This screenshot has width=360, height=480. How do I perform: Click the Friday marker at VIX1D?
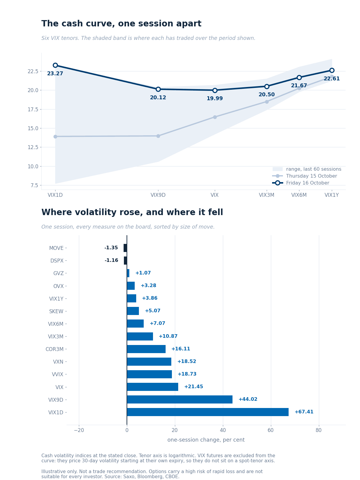click(55, 65)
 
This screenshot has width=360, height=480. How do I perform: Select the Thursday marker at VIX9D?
click(158, 136)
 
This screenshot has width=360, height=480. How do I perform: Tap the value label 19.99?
click(214, 98)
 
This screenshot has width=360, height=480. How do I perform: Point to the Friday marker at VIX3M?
click(267, 86)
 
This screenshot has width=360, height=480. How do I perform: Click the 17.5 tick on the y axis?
click(33, 109)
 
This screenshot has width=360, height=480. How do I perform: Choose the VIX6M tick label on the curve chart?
click(299, 195)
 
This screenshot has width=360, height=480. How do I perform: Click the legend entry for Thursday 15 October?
click(304, 176)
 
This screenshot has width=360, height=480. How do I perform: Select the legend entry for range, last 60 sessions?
click(307, 169)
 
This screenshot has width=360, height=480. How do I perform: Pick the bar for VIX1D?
click(208, 412)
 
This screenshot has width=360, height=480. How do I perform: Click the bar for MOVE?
click(125, 248)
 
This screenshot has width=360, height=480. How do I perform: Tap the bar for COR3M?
click(146, 349)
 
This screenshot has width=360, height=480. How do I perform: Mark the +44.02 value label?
click(248, 399)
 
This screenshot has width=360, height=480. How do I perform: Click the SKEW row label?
click(56, 311)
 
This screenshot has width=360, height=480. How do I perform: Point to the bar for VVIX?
click(149, 374)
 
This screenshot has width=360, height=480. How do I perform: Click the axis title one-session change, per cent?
click(206, 440)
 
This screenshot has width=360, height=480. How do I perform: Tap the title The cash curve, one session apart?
click(121, 24)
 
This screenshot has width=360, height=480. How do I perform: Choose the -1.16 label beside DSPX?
click(111, 260)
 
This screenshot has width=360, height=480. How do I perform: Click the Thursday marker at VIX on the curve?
click(215, 117)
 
